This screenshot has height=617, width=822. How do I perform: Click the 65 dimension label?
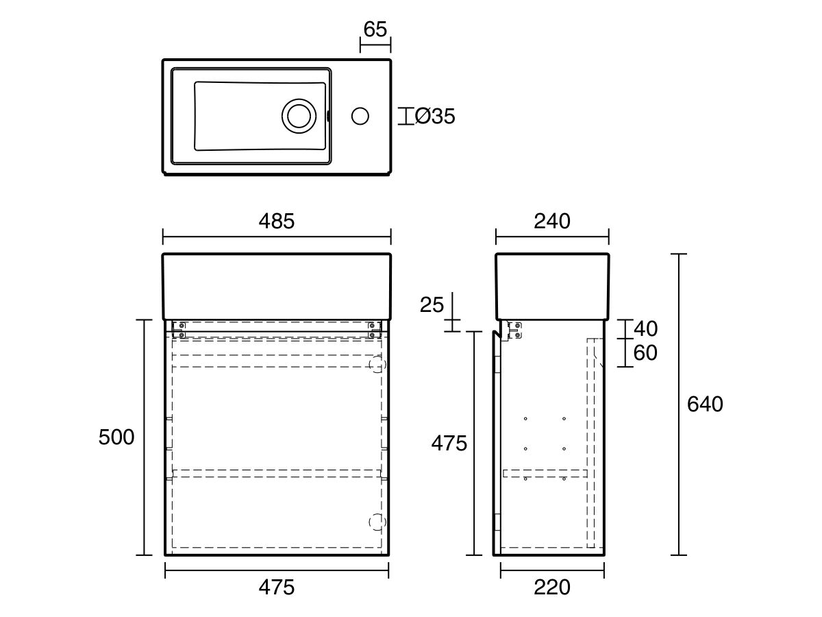(x=375, y=29)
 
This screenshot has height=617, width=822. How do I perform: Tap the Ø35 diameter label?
(x=434, y=117)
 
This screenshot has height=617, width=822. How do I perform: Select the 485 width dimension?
(x=276, y=221)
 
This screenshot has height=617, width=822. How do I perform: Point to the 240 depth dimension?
(x=552, y=221)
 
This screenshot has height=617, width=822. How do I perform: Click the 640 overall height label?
(x=705, y=404)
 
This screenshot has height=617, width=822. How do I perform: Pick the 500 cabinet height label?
(x=116, y=437)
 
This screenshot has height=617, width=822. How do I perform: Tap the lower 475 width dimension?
(x=276, y=588)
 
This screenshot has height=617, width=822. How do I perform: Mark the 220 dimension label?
(x=551, y=588)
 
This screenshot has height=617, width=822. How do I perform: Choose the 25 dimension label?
(x=432, y=304)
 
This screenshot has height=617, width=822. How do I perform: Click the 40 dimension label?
(x=645, y=328)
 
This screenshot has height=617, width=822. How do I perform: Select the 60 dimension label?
(x=645, y=353)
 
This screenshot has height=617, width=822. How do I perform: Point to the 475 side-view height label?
(x=449, y=444)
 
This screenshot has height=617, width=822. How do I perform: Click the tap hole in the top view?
(x=360, y=116)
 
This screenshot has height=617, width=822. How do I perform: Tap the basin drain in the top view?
(x=299, y=115)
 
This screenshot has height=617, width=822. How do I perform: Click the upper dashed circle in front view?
(x=377, y=365)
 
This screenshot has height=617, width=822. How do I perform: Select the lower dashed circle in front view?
(x=377, y=522)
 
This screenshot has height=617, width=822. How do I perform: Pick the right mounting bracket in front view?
(x=374, y=330)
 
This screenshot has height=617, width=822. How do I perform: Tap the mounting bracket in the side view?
(x=515, y=330)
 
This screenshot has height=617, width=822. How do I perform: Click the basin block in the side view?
(x=552, y=286)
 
